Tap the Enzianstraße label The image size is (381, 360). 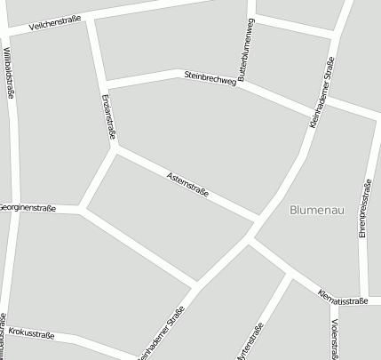pyautogui.click(x=108, y=116)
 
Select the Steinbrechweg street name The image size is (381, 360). pyautogui.click(x=210, y=79)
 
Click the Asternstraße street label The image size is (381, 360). pyautogui.click(x=187, y=185)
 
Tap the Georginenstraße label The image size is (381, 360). pyautogui.click(x=28, y=208)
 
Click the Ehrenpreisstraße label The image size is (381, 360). pyautogui.click(x=365, y=208)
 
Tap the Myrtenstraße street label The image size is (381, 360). pyautogui.click(x=251, y=343)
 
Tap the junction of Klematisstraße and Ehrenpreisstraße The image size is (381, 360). pyautogui.click(x=363, y=299)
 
